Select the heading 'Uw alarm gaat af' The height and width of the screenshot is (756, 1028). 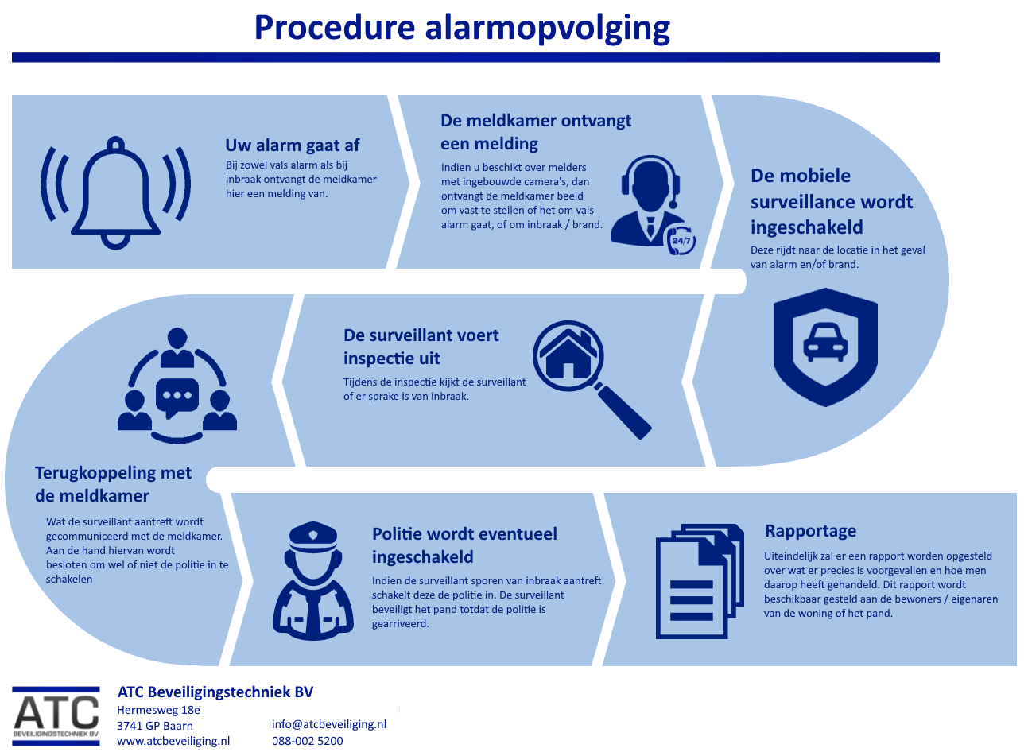pyautogui.click(x=292, y=145)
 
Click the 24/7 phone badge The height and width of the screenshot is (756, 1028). pyautogui.click(x=681, y=240)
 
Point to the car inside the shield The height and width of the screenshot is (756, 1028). pyautogui.click(x=825, y=342)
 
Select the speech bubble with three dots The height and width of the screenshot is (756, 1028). pyautogui.click(x=177, y=396)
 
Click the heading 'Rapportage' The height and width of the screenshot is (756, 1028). pyautogui.click(x=810, y=531)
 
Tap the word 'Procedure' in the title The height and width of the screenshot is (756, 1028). pyautogui.click(x=335, y=28)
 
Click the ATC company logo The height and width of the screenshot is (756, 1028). pyautogui.click(x=56, y=715)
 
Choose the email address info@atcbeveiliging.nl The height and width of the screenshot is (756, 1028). pyautogui.click(x=328, y=724)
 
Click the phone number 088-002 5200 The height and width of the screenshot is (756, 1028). pyautogui.click(x=307, y=741)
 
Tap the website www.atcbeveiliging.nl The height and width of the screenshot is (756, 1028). pyautogui.click(x=173, y=741)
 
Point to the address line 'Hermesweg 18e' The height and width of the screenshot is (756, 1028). pyautogui.click(x=158, y=710)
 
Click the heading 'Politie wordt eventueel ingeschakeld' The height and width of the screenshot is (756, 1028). pyautogui.click(x=464, y=545)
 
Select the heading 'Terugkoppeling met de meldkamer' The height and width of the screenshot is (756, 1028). pyautogui.click(x=113, y=484)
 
